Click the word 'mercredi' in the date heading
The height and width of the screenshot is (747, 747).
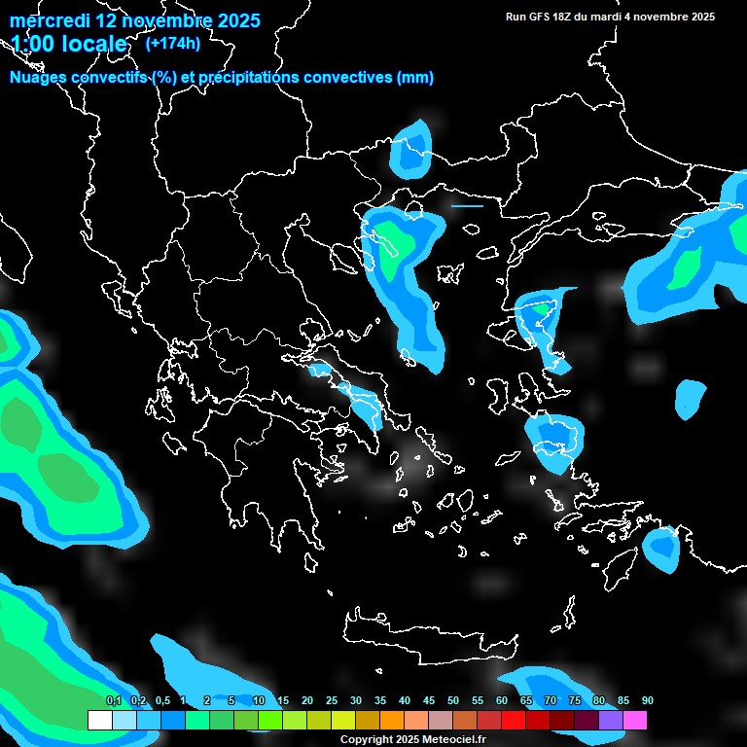point(48,20)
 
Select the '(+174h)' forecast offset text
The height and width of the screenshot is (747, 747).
point(173,43)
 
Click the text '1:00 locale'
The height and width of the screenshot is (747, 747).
point(69,45)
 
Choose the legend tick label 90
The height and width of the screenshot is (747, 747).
point(648,700)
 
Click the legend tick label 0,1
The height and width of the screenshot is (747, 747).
point(114,700)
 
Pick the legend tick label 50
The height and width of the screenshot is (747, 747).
point(453,700)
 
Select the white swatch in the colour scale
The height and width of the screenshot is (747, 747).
point(99,721)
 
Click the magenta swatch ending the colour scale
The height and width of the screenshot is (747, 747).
point(635,721)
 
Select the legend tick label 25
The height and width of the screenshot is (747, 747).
point(332,700)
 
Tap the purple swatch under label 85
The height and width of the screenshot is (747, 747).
point(611,721)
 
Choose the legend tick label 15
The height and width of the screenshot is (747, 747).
point(283,700)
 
